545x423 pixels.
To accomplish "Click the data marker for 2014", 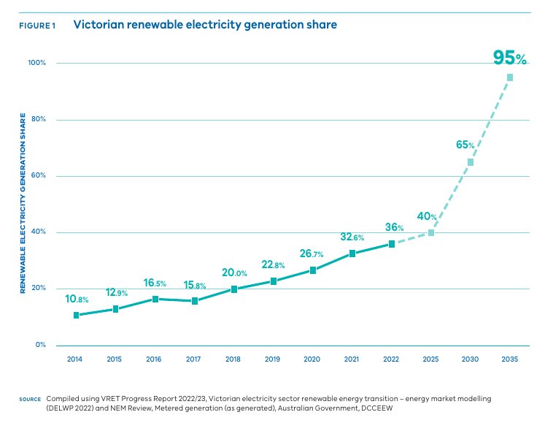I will [76, 315].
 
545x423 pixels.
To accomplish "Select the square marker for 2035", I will [510, 77].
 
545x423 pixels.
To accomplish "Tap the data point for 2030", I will [471, 162].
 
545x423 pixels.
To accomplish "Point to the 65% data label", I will [465, 145].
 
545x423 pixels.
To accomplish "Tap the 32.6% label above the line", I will [352, 237].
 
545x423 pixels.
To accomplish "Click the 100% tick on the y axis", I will [36, 63].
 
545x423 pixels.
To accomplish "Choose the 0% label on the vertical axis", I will [40, 345].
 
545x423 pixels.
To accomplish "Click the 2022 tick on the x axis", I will [392, 359].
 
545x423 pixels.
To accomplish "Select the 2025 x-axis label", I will [431, 359].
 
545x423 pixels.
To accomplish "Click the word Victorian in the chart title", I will [98, 24].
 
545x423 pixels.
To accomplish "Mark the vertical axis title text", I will [23, 203].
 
